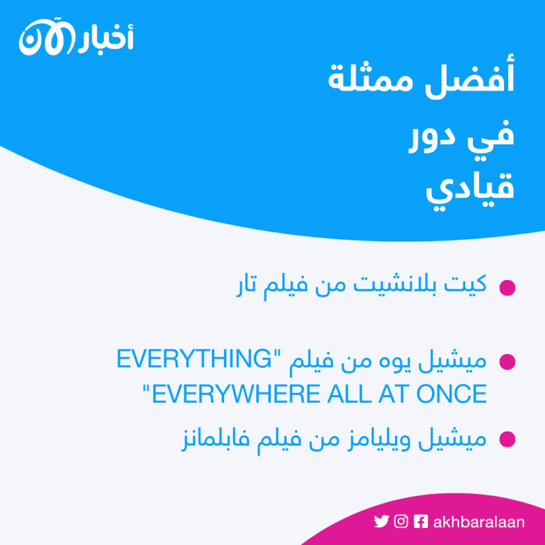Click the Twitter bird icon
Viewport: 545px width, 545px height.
point(381,522)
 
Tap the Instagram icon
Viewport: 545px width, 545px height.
point(402,522)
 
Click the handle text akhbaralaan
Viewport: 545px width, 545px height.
point(479,522)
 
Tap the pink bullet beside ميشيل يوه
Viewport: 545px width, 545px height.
point(507,362)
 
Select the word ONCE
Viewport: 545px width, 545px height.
point(452,394)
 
